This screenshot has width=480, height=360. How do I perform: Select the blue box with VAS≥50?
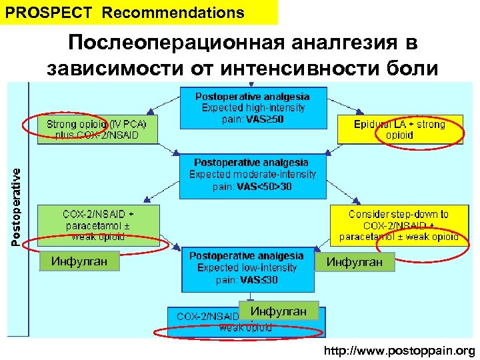tap(253, 107)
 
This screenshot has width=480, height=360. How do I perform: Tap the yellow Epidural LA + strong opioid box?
tap(399, 129)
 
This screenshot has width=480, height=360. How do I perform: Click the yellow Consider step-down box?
tap(398, 225)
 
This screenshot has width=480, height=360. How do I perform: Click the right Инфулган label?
tap(354, 262)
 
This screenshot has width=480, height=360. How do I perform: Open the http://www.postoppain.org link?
tap(399, 351)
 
